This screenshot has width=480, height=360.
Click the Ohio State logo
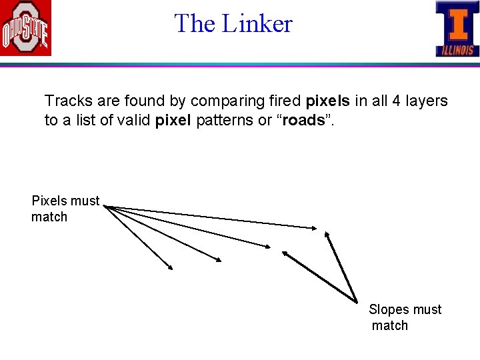(x=26, y=29)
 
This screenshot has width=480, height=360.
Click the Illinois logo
(x=457, y=29)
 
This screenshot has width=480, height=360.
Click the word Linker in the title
(x=257, y=24)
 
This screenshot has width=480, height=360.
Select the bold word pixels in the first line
(x=327, y=101)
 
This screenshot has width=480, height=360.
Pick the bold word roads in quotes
(x=300, y=121)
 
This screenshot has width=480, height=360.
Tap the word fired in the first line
(x=285, y=101)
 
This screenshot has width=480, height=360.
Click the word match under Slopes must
(x=390, y=325)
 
